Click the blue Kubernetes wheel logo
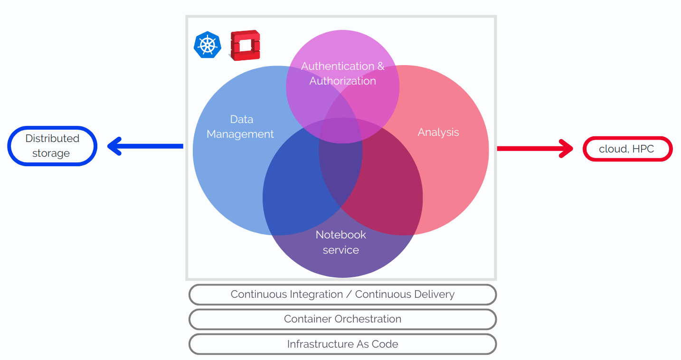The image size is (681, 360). (208, 45)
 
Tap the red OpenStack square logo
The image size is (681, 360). (245, 46)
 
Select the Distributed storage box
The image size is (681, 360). (52, 146)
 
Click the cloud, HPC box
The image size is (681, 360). (627, 149)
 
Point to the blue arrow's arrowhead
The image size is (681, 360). (115, 146)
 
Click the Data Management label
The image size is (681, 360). (240, 127)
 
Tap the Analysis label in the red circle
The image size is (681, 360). (438, 132)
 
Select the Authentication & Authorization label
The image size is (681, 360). (342, 74)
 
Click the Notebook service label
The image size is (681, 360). (341, 242)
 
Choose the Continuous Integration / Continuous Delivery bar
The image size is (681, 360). (342, 294)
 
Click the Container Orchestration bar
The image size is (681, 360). (342, 319)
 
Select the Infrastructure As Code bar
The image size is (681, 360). (342, 344)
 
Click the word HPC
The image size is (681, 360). (643, 149)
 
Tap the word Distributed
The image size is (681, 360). (52, 139)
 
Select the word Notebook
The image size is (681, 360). (341, 235)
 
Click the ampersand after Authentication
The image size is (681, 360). (380, 66)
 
